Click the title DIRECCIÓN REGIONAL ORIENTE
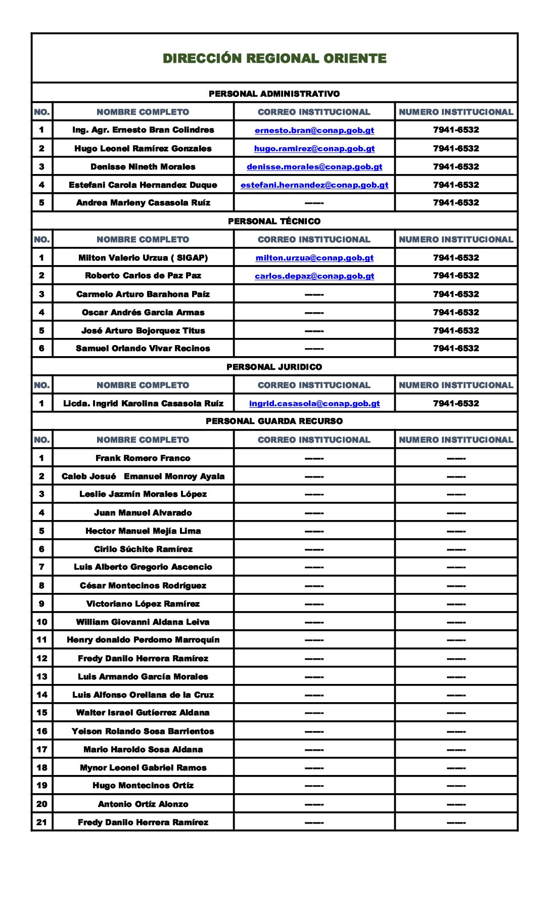click(275, 59)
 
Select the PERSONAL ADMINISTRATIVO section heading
click(274, 94)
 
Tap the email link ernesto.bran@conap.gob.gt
click(314, 131)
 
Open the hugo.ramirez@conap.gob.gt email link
click(314, 149)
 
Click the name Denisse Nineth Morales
click(143, 167)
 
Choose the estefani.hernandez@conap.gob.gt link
click(314, 185)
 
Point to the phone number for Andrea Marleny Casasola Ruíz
click(455, 203)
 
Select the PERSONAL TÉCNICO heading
click(274, 221)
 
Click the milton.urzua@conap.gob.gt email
click(314, 258)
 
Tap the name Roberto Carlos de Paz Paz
click(143, 276)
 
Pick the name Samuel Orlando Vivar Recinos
click(143, 349)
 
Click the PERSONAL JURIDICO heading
click(274, 367)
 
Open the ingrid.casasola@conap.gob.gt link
click(314, 404)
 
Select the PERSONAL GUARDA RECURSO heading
click(274, 421)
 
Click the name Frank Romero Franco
click(143, 458)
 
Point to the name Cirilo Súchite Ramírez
click(143, 549)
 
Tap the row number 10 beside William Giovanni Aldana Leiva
click(42, 622)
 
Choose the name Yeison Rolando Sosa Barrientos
click(143, 731)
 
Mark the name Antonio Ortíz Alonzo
click(143, 804)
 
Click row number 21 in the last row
click(42, 823)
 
